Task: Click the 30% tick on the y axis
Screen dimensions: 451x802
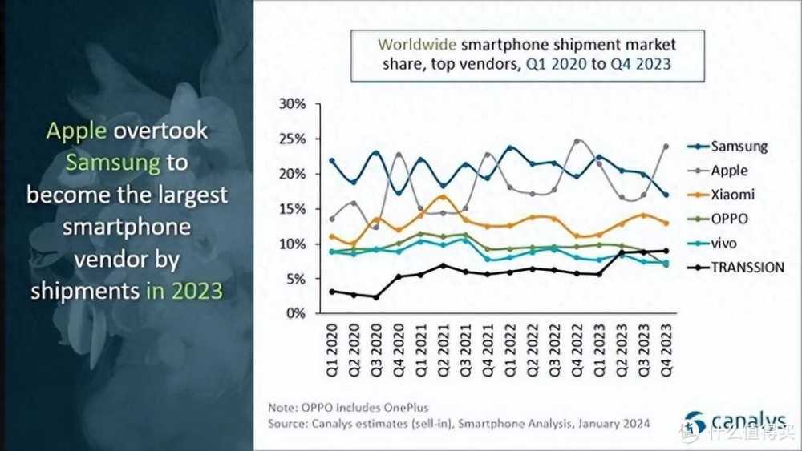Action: pyautogui.click(x=292, y=104)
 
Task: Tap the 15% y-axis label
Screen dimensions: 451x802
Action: pyautogui.click(x=292, y=209)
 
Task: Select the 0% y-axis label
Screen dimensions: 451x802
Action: pyautogui.click(x=295, y=313)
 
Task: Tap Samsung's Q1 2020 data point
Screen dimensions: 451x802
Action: pyautogui.click(x=331, y=160)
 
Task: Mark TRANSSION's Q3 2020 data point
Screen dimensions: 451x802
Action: pyautogui.click(x=375, y=297)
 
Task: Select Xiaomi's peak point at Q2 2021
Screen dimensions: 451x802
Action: pyautogui.click(x=443, y=196)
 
